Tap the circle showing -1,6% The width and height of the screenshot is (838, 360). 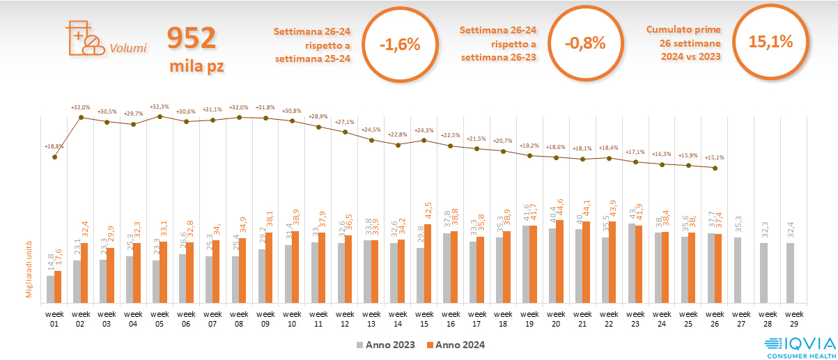click(x=400, y=44)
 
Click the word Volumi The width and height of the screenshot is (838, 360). click(x=127, y=48)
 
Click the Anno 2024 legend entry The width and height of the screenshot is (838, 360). click(x=456, y=345)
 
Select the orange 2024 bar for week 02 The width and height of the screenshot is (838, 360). click(x=84, y=272)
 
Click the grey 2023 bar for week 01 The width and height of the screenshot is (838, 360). click(x=50, y=289)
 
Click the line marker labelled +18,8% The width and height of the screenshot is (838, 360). click(x=54, y=157)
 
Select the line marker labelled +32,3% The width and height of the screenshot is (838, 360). click(x=160, y=116)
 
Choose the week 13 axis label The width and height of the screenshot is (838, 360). click(x=372, y=318)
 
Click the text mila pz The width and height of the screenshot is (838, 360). click(x=197, y=67)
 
